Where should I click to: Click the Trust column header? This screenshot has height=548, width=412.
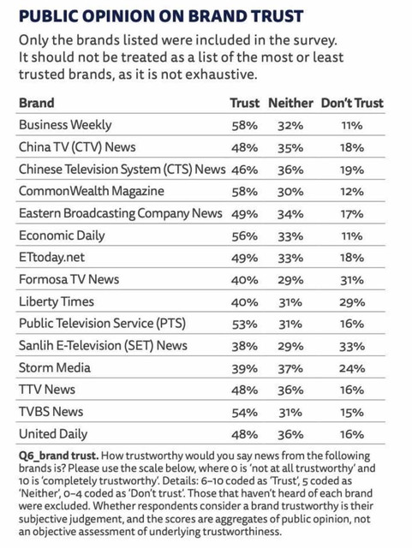(244, 103)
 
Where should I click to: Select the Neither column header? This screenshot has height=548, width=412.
(290, 103)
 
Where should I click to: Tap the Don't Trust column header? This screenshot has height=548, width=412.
(352, 103)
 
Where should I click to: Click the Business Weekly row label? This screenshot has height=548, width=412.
(65, 125)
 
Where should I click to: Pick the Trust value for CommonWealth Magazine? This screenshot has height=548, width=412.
(244, 192)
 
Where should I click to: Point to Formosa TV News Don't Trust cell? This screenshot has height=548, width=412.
(352, 280)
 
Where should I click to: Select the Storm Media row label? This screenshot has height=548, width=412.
(55, 367)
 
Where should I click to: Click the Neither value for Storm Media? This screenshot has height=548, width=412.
(290, 368)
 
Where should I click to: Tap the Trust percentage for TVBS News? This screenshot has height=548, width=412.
(244, 413)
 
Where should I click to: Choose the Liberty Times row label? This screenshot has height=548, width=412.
(57, 301)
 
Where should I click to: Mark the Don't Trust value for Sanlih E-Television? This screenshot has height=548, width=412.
(352, 346)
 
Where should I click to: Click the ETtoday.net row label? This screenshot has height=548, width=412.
(51, 257)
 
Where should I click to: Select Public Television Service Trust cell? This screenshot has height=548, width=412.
(244, 324)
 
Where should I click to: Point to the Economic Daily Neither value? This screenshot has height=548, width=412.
(290, 236)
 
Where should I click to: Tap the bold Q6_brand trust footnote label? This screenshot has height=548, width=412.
(58, 456)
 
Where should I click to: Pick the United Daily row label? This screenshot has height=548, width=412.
(53, 434)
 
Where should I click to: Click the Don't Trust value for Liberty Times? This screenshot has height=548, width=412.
(352, 302)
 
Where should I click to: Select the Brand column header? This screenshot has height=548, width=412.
(36, 103)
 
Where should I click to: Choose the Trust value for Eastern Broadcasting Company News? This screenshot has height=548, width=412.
(244, 213)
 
